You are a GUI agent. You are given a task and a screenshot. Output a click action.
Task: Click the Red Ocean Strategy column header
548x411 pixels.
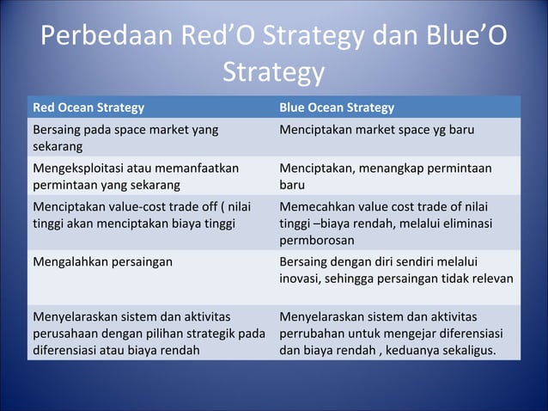(88, 107)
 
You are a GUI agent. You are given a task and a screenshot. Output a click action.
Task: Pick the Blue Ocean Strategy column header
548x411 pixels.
(337, 107)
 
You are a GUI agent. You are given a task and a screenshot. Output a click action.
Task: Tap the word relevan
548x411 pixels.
(491, 279)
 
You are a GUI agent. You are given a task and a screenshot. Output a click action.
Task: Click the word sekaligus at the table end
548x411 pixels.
(468, 350)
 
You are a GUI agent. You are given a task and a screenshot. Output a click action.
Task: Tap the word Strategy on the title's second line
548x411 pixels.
(273, 74)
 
